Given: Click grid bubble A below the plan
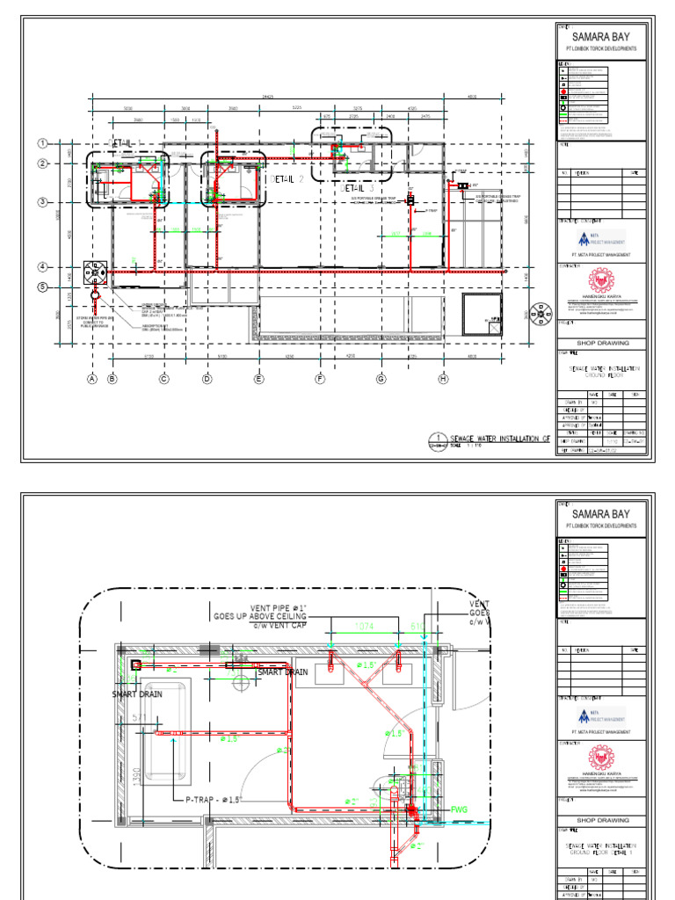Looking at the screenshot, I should [x=91, y=379].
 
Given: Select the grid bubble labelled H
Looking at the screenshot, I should [x=442, y=379].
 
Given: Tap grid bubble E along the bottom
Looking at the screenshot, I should [x=258, y=379].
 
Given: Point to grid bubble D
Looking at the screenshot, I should [x=207, y=379].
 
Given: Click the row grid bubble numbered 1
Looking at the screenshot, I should [x=41, y=143].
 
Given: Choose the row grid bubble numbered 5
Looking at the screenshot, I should [x=41, y=287].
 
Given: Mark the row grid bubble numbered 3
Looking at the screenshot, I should [x=41, y=202].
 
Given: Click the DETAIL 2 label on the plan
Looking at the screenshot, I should [x=287, y=178].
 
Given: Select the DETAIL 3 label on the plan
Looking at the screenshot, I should [x=358, y=188].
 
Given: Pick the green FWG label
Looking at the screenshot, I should [x=460, y=809].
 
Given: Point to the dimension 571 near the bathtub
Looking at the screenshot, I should [x=140, y=718].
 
